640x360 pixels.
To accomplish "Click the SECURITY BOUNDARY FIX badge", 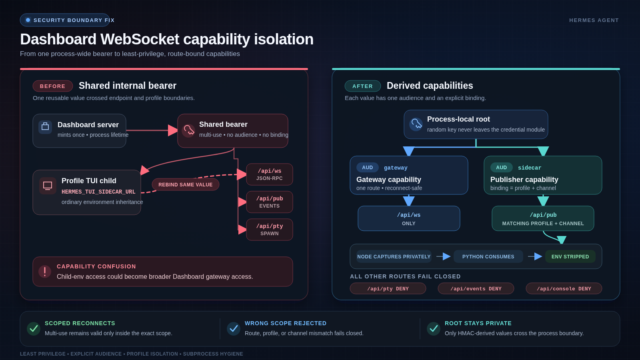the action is pos(65,20).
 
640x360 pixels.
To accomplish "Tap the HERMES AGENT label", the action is pos(594,20).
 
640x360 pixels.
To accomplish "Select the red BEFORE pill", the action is pos(52,86).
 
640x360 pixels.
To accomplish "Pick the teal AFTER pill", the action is pos(362,86).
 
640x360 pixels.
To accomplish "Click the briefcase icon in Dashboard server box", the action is pos(45,127).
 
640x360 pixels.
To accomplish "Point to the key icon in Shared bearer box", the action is pos(188,130).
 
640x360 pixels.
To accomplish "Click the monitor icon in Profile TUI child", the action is pos(48,186).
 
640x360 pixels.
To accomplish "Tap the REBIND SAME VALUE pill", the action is pos(186,184).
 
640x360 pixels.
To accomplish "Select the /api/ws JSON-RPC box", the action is pos(270,174).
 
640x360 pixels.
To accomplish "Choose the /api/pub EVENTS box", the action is pos(270,202).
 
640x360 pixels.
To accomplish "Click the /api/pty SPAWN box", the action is pos(270,230).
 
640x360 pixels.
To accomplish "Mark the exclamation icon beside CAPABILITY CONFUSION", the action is pos(45,272).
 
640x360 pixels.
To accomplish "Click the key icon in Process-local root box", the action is pos(416,124).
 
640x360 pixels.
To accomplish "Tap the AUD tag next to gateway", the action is pos(368,168).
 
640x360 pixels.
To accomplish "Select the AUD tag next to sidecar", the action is pos(502,168).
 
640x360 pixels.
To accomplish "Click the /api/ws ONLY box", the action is pos(409,218).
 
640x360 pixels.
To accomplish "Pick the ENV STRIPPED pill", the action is pos(570,256).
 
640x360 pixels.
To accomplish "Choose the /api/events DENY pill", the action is pos(476,288).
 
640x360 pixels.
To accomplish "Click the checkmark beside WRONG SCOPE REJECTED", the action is pos(234,328).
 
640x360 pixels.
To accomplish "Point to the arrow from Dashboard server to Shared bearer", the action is pos(152,130).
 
